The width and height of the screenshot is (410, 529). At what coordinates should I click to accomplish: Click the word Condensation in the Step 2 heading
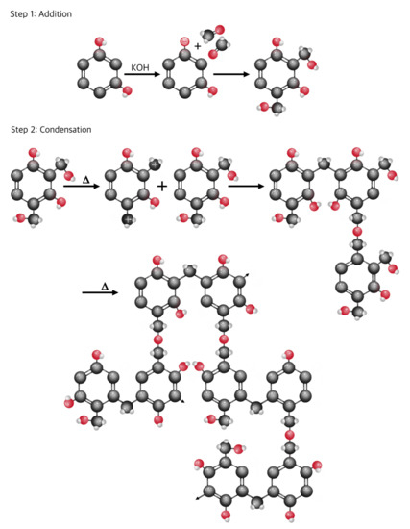64,129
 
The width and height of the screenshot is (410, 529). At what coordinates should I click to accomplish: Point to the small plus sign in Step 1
199,46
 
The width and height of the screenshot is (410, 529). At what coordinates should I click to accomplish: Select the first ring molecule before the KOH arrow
98,73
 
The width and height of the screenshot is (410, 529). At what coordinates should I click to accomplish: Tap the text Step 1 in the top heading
17,14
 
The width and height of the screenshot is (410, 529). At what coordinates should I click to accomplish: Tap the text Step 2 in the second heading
17,129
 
